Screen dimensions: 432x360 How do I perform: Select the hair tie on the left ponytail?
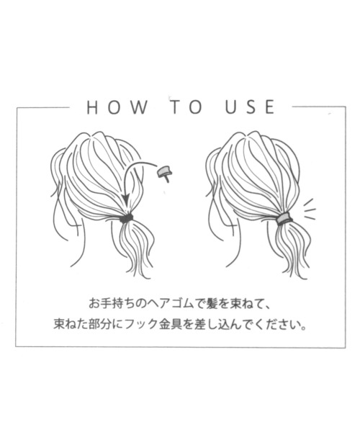[x=126, y=217]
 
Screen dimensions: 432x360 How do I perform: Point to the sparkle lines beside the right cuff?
[x=308, y=210]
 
